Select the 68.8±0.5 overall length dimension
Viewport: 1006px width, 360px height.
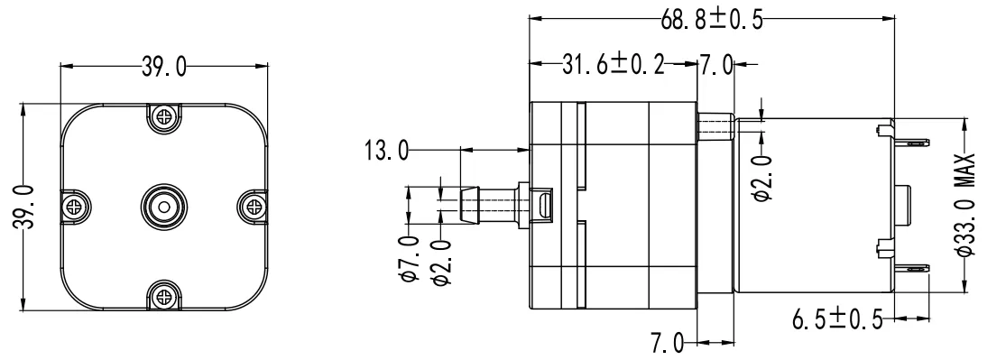tap(712, 20)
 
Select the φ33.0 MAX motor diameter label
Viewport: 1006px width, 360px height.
tap(966, 206)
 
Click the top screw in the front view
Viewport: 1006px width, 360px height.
tap(163, 115)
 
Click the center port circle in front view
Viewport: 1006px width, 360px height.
tap(163, 205)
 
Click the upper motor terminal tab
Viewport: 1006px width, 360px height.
tap(910, 142)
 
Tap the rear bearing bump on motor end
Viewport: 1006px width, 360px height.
tap(904, 205)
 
